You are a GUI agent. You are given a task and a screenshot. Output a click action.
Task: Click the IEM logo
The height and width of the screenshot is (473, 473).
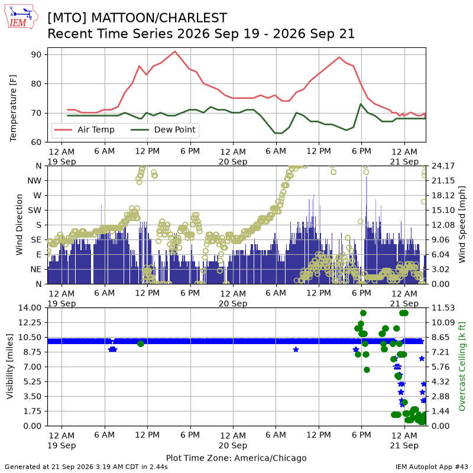(x=21, y=17)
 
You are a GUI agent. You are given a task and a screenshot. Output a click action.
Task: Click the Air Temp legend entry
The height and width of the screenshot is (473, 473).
(x=85, y=129)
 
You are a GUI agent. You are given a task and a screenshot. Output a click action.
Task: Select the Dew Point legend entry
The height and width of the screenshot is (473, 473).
(x=163, y=129)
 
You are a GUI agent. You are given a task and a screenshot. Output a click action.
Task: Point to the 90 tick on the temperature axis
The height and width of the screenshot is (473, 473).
(x=36, y=54)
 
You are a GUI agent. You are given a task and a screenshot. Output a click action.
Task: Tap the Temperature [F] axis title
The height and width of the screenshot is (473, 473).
(x=13, y=108)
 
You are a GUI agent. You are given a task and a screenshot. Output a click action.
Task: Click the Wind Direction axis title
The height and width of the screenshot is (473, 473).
(x=20, y=225)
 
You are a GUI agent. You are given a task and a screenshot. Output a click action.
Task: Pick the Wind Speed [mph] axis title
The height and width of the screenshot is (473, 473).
(x=462, y=225)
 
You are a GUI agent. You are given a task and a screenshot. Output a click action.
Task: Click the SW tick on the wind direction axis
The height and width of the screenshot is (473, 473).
(x=34, y=210)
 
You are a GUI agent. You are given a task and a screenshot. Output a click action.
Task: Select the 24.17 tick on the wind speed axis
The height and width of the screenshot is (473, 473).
(x=443, y=166)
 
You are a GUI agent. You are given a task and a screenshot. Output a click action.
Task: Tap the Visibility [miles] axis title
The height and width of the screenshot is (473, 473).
(x=10, y=367)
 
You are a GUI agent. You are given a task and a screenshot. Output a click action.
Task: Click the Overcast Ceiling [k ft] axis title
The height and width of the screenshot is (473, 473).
(x=462, y=367)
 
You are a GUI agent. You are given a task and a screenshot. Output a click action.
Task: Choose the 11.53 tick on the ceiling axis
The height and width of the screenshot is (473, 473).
(x=443, y=307)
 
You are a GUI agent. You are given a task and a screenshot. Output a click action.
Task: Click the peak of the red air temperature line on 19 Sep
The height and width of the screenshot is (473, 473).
(x=175, y=51)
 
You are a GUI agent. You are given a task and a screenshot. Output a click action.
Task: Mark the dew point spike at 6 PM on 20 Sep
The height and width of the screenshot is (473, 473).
(x=361, y=104)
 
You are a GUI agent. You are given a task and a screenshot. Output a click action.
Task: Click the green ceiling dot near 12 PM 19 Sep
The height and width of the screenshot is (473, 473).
(x=141, y=344)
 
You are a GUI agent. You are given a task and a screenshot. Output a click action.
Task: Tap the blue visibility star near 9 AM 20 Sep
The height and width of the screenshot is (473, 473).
(x=296, y=349)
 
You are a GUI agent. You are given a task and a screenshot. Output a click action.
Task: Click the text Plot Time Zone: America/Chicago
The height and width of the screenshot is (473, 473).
(x=236, y=458)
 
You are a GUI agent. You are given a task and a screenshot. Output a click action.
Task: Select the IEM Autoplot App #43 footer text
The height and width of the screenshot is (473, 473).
(x=432, y=467)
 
